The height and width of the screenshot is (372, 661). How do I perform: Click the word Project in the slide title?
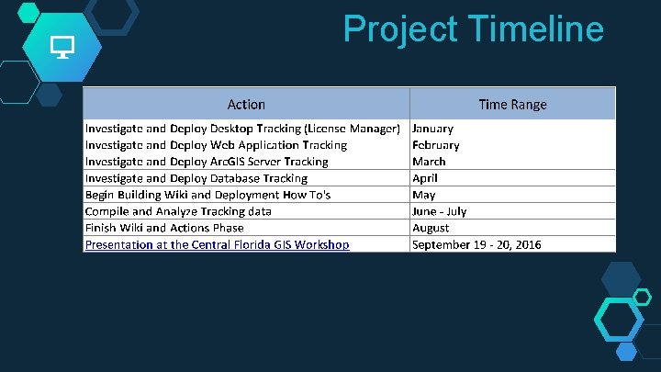tap(399, 29)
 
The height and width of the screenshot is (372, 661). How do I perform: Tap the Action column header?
tap(246, 104)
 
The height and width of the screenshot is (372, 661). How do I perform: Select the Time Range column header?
tap(512, 104)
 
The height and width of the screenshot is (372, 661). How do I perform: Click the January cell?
tap(432, 129)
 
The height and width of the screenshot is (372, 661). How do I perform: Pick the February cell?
tap(436, 145)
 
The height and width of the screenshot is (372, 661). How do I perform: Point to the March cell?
tap(429, 162)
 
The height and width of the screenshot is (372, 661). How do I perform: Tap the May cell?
tap(424, 195)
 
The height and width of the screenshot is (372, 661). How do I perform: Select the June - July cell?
tap(440, 211)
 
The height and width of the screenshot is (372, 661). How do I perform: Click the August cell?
tap(431, 228)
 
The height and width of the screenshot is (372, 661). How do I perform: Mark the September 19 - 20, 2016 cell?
tap(476, 244)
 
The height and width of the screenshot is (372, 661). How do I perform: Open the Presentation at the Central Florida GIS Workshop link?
tap(217, 244)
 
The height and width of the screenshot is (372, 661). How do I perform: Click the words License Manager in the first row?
tap(354, 129)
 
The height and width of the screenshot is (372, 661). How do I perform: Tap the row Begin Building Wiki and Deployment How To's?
tap(207, 195)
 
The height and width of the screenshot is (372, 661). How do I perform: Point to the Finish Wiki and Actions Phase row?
tap(164, 228)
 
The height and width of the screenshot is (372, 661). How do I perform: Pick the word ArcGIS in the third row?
tap(234, 162)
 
